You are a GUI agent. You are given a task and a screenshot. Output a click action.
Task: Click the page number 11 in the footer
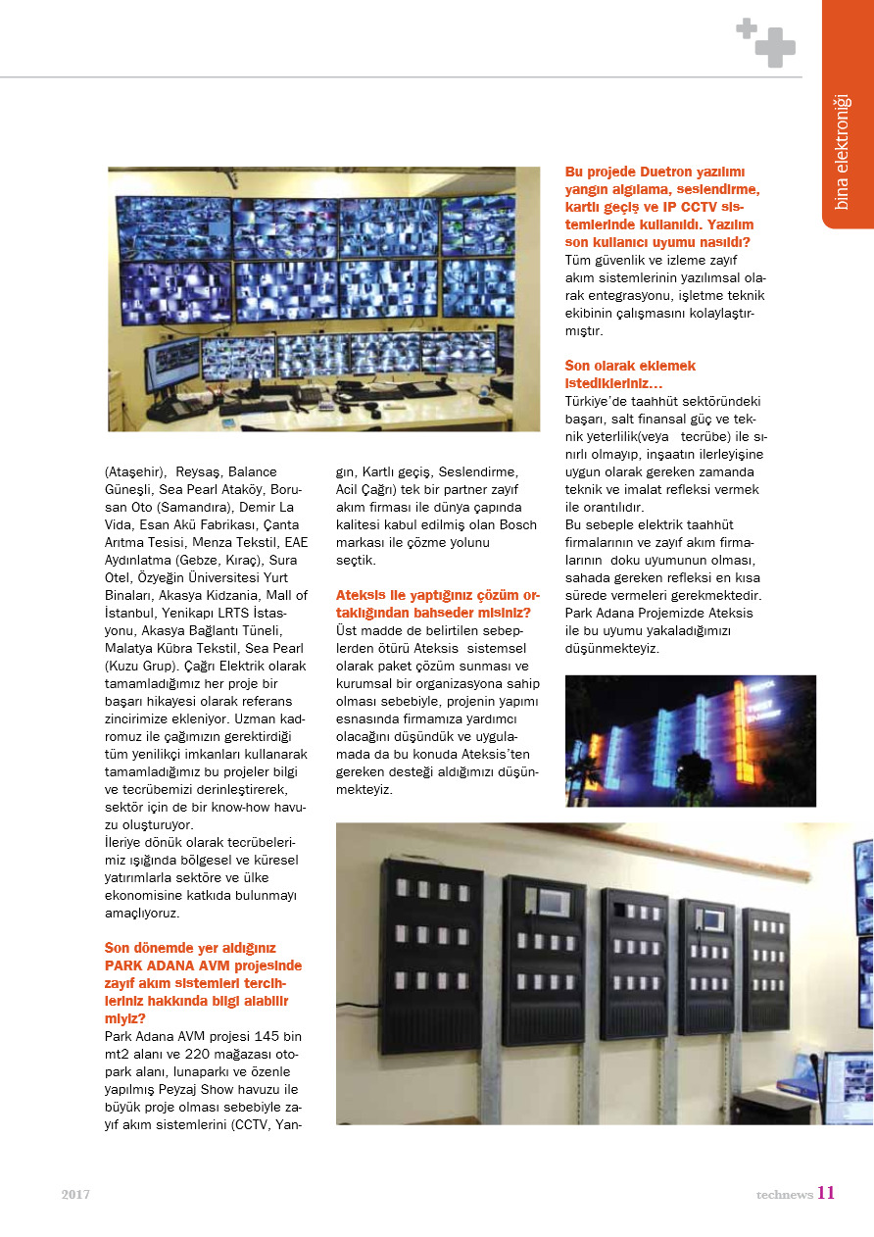coord(825,1193)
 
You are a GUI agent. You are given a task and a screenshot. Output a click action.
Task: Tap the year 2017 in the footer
coord(75,1195)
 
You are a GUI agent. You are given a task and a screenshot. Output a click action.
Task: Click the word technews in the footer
coord(784,1195)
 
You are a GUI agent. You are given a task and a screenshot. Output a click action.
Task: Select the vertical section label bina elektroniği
coord(841,152)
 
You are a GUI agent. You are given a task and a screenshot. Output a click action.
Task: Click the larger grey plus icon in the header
coord(775,47)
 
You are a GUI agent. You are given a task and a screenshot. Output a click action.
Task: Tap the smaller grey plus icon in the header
coord(747,28)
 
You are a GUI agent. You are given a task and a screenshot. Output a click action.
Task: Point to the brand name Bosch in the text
coord(517,524)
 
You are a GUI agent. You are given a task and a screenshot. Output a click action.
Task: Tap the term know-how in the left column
coord(230,806)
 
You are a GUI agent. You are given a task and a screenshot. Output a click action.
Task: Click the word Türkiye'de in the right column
coord(599,401)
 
